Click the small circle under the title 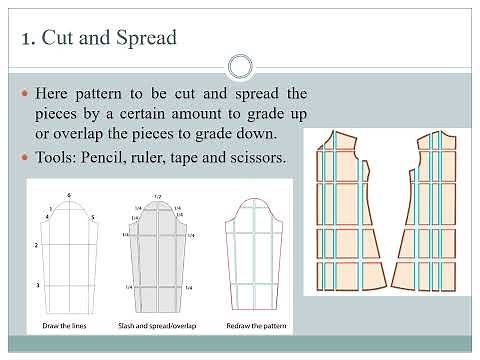click(x=239, y=67)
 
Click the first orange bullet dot click(x=25, y=93)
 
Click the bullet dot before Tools click(x=25, y=158)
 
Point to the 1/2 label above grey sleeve click(x=158, y=196)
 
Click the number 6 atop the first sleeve click(x=68, y=193)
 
